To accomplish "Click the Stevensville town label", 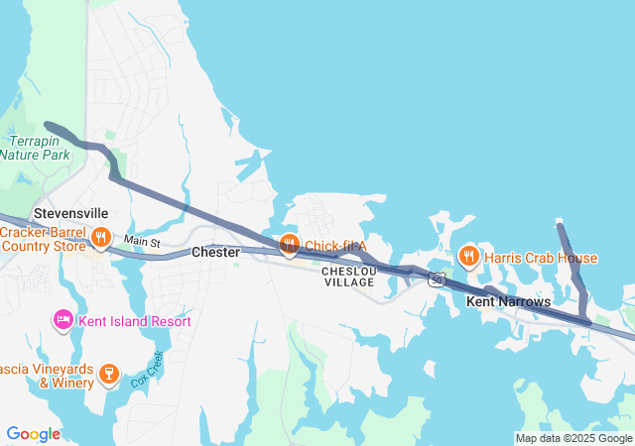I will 70,213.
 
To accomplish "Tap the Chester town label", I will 215,253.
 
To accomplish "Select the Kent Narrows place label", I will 508,300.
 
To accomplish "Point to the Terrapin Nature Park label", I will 35,149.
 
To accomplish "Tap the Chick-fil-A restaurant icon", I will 289,245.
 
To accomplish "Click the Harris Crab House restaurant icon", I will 468,259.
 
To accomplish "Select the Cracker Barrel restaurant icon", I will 100,238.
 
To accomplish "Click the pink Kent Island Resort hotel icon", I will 63,320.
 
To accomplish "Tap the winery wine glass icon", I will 109,374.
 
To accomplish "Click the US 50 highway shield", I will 436,281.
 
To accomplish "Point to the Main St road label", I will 142,242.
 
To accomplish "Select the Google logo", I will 33,434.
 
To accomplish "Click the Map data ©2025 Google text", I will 572,438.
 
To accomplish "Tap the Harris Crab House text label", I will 541,259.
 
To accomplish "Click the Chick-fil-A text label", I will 335,246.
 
